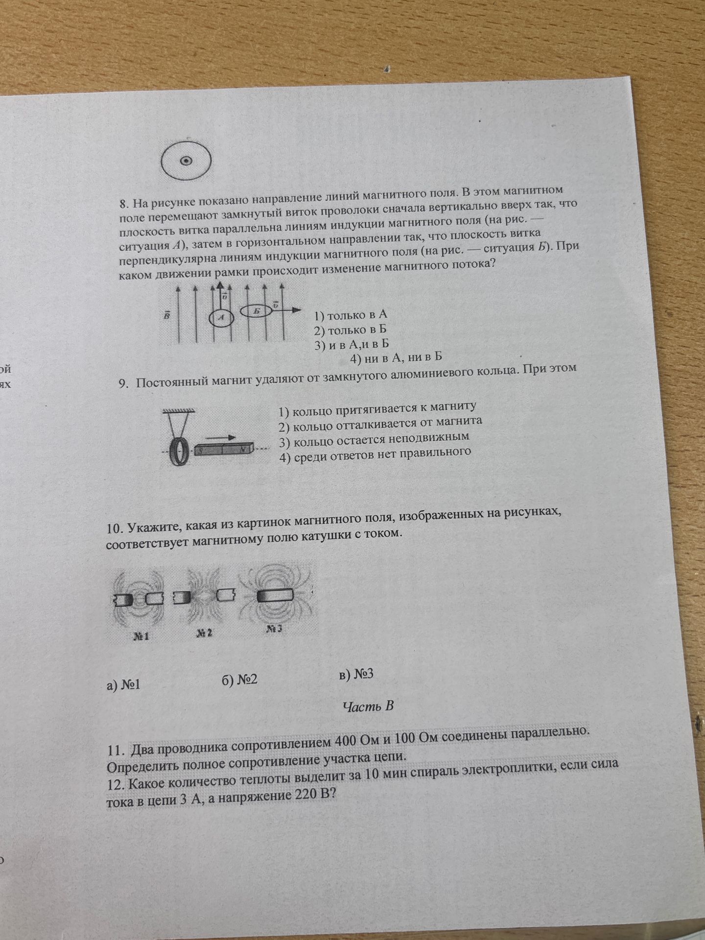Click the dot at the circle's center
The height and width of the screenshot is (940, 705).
(x=187, y=161)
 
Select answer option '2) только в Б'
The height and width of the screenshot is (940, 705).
(x=350, y=330)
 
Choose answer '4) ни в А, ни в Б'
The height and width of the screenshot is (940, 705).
(x=397, y=358)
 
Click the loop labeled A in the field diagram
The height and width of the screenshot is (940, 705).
(x=223, y=317)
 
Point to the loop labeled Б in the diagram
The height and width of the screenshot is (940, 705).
(x=256, y=311)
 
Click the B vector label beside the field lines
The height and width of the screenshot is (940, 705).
(x=167, y=316)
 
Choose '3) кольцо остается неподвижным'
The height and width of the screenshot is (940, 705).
(x=374, y=439)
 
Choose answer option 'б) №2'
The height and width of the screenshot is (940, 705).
(x=239, y=680)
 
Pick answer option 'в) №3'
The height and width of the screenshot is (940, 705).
(x=356, y=675)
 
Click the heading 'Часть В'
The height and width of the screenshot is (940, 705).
(x=368, y=706)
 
